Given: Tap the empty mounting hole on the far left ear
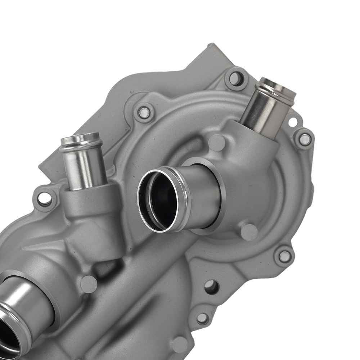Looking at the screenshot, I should click(x=44, y=198).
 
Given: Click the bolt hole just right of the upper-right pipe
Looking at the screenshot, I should click(x=305, y=139).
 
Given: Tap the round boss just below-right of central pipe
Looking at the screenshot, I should click(x=249, y=233).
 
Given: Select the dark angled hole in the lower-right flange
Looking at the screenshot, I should click(x=211, y=287).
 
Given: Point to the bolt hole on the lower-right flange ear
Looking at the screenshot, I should click(x=284, y=256).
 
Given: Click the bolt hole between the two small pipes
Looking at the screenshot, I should click(x=144, y=113).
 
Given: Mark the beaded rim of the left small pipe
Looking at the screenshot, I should click(x=80, y=140).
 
